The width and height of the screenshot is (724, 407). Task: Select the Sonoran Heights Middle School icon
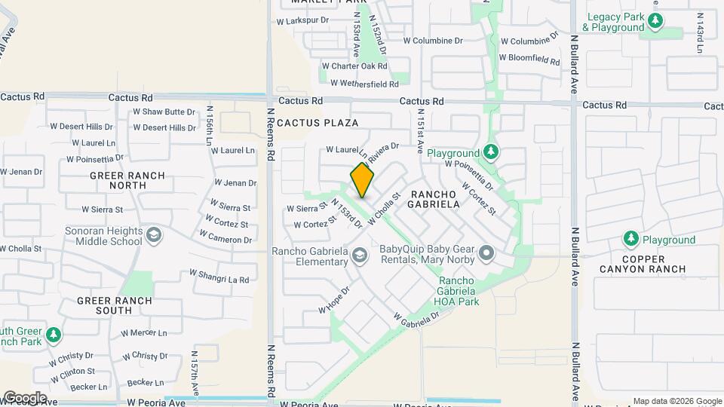[154, 235]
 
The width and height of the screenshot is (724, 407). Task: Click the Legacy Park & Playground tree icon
[655, 21]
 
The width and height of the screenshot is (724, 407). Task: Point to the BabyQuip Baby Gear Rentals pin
[486, 252]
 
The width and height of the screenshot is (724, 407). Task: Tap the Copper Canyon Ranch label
[643, 263]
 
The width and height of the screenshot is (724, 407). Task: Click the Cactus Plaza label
[318, 122]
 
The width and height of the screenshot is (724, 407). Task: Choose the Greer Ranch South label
[115, 305]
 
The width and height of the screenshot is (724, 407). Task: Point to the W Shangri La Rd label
[219, 277]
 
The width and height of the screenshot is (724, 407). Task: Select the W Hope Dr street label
[335, 299]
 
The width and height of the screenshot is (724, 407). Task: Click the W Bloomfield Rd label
[529, 57]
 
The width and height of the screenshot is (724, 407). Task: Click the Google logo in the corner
[24, 398]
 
